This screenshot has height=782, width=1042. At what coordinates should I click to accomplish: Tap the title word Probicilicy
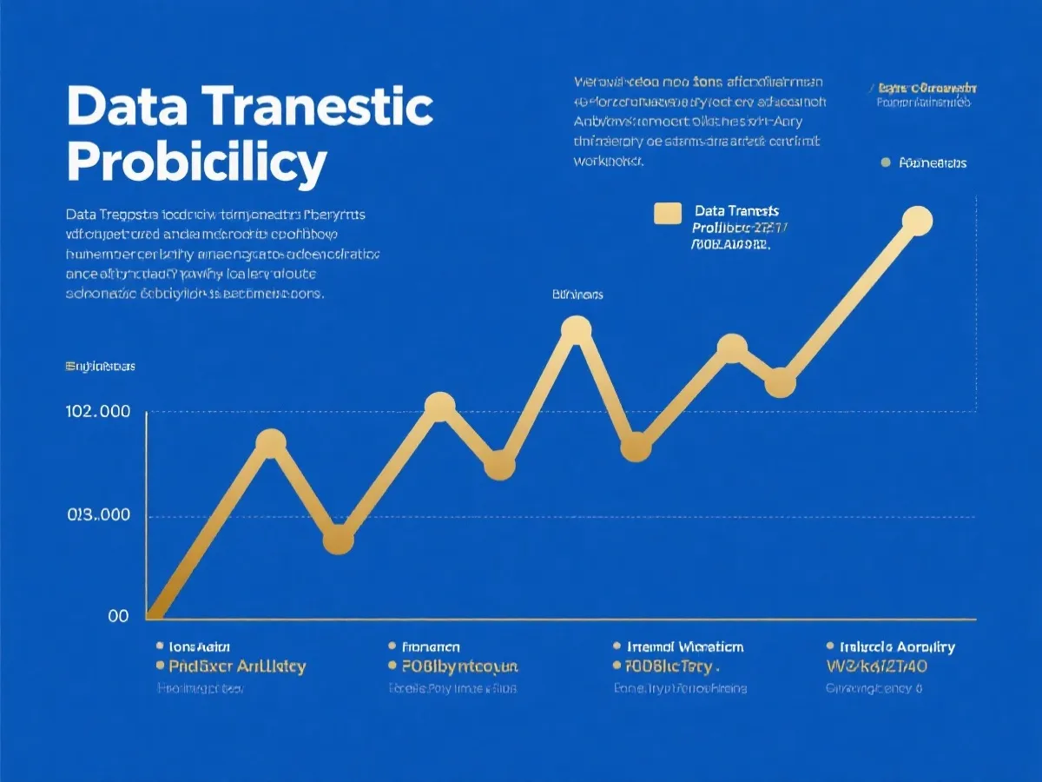197,161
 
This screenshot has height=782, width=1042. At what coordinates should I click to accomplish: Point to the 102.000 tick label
98,412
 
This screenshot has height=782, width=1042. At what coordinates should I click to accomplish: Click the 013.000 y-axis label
98,515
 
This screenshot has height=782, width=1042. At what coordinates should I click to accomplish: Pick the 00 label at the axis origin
118,616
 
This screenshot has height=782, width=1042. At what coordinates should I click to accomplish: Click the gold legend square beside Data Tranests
667,214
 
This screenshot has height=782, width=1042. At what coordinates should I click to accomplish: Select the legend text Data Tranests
737,211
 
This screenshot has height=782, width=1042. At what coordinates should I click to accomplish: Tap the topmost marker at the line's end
916,221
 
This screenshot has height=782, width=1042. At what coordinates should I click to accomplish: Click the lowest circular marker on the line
339,540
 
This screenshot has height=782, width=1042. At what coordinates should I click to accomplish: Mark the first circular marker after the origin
271,443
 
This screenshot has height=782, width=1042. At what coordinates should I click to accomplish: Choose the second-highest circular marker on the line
576,329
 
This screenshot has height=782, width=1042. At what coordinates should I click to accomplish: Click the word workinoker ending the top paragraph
609,161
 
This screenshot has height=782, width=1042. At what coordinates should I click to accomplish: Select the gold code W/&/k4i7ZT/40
878,667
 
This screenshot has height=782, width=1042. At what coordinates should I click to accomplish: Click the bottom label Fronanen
432,647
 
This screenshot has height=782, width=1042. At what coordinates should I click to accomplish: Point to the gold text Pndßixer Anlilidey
237,667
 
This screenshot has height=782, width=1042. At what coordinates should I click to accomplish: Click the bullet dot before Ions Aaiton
160,647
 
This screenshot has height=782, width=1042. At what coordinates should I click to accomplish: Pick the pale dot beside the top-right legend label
886,162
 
